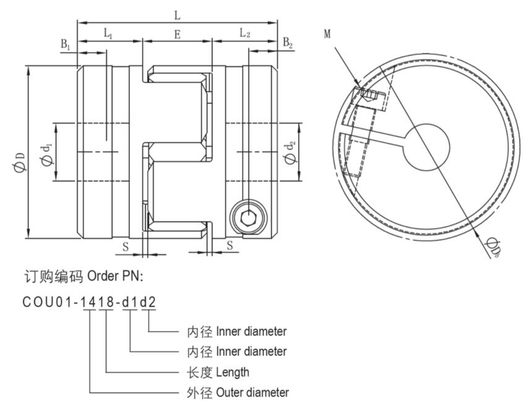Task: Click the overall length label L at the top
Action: coord(177,15)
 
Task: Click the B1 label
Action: coord(66,44)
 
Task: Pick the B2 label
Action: coord(288,43)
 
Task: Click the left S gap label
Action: coord(126,246)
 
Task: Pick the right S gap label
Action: coord(230,245)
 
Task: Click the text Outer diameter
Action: coord(252,392)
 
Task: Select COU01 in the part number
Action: coord(47,303)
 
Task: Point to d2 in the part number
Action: coord(149,303)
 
